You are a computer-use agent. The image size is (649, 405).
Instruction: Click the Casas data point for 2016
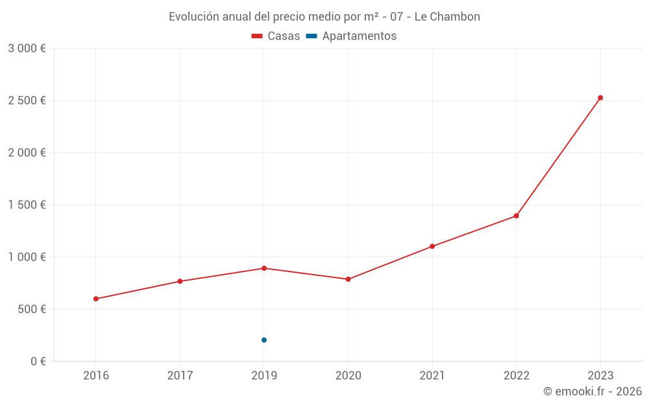pyautogui.click(x=96, y=299)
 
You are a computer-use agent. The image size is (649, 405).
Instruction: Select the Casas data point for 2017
pyautogui.click(x=180, y=281)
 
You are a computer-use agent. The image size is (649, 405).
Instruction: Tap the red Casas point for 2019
pyautogui.click(x=264, y=268)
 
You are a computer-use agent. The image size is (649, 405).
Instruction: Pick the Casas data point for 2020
pyautogui.click(x=348, y=279)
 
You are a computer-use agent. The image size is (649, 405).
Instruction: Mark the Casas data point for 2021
pyautogui.click(x=432, y=246)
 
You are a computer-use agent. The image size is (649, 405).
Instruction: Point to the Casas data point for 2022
pyautogui.click(x=516, y=216)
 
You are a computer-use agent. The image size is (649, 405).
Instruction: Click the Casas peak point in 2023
pyautogui.click(x=600, y=98)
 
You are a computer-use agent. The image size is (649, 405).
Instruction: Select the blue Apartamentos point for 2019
pyautogui.click(x=264, y=340)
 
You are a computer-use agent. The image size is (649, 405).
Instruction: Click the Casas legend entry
pyautogui.click(x=276, y=36)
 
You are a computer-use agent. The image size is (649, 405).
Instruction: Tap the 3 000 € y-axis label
pyautogui.click(x=27, y=49)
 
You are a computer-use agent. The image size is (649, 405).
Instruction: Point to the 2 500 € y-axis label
pyautogui.click(x=27, y=100)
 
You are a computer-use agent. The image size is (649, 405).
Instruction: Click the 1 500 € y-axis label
pyautogui.click(x=27, y=205)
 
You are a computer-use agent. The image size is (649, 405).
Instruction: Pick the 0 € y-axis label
pyautogui.click(x=38, y=361)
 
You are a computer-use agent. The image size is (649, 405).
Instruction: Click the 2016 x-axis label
pyautogui.click(x=96, y=375)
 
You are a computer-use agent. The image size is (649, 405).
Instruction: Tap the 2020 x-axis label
pyautogui.click(x=348, y=375)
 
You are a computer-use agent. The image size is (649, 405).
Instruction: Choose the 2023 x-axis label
pyautogui.click(x=600, y=375)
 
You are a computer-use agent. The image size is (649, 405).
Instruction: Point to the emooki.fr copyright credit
pyautogui.click(x=593, y=391)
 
